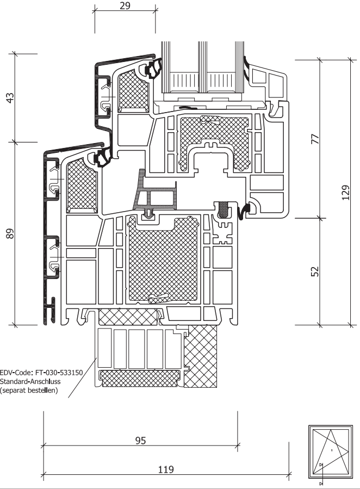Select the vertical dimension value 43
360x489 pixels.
click(10, 98)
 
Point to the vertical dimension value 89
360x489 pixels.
click(10, 234)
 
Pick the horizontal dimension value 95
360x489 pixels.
click(140, 441)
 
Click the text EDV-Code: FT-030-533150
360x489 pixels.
click(41, 373)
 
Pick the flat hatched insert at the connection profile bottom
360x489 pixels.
click(140, 376)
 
